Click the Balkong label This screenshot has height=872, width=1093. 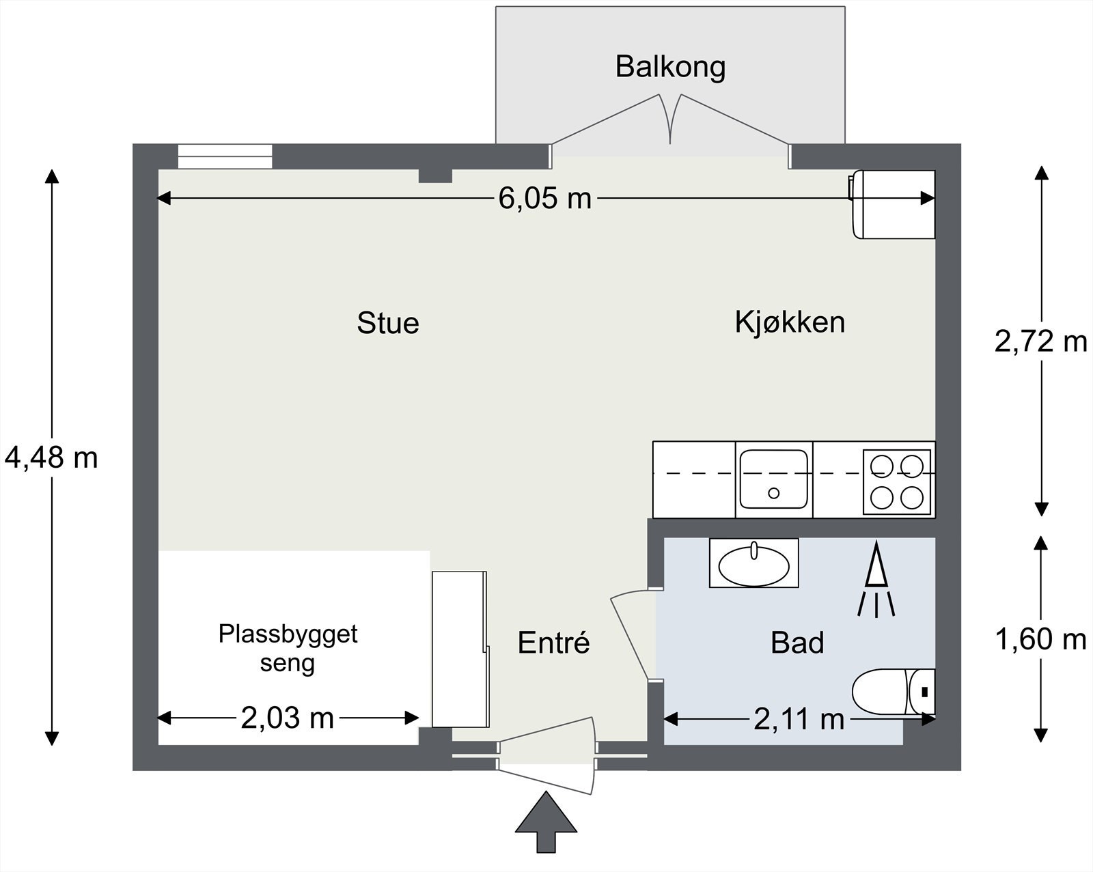670,67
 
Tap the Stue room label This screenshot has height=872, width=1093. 387,323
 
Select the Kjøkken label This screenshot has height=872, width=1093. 790,322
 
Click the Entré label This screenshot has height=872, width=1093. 553,643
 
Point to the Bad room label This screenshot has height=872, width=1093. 797,643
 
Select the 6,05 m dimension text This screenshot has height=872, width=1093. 544,199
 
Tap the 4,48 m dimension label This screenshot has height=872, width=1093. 51,458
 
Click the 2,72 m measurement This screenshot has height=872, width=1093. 1040,341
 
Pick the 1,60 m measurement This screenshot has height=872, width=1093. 1040,640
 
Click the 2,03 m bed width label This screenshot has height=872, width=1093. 287,718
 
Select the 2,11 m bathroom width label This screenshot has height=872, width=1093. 799,719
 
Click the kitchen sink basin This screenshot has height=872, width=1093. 773,479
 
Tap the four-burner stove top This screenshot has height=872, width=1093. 897,481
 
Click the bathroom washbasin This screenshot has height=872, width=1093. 753,565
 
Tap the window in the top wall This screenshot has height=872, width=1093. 225,156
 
